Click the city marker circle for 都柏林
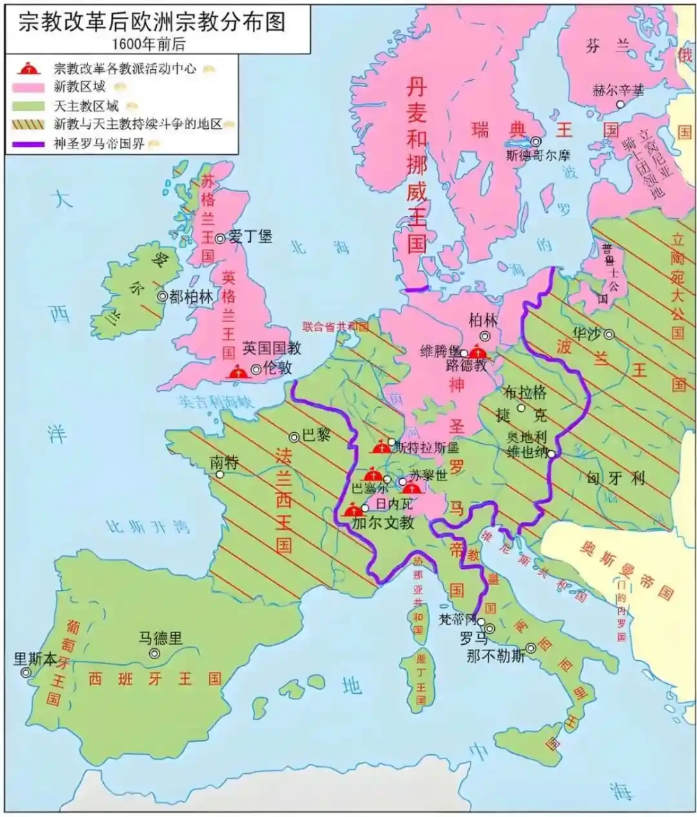pos(162,296)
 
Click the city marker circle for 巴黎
pos(294,437)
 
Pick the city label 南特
pos(224,461)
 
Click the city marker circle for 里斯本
pos(26,673)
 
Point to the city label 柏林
pos(484,319)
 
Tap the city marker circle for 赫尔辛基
pos(620,104)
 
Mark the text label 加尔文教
pos(383,522)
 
